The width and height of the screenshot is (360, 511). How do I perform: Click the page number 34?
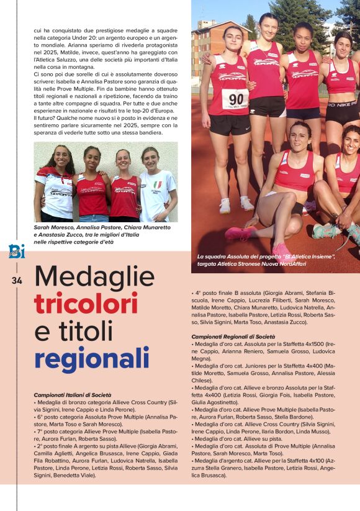pos(17,281)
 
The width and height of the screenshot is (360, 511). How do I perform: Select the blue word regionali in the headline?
pos(92,359)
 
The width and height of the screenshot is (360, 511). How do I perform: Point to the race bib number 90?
pos(235,99)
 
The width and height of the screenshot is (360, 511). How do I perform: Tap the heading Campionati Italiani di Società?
pos(73,395)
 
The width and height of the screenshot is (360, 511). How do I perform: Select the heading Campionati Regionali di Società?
pos(233,336)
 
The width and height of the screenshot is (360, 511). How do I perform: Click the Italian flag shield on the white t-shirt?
pos(158,185)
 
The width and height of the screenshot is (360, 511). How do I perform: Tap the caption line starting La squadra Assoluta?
pos(266,256)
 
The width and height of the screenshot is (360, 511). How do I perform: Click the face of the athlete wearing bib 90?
pos(233,40)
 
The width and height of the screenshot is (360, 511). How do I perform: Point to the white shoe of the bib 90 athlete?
pos(224,206)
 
